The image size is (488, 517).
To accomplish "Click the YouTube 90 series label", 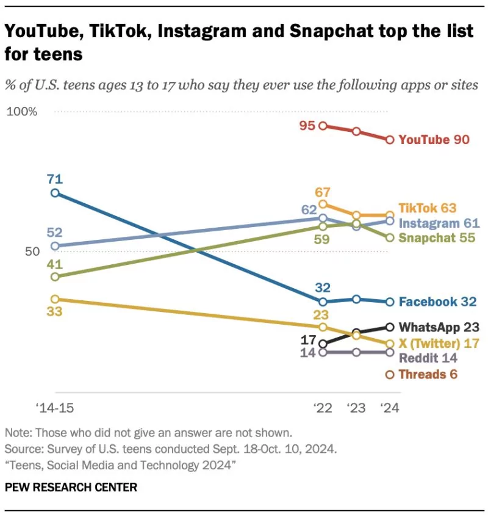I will (x=434, y=140).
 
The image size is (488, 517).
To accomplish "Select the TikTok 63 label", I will (x=427, y=208).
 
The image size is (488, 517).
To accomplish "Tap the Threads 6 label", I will (x=428, y=374).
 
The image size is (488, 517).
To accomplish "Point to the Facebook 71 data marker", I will (x=55, y=193).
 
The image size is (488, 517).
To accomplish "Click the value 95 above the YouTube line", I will (x=307, y=126).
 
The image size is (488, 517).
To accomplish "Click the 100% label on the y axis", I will (x=22, y=112).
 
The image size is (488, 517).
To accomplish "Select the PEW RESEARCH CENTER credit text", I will (x=71, y=487).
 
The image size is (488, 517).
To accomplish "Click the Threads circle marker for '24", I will (x=390, y=375).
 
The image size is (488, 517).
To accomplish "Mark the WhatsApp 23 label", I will (x=439, y=327).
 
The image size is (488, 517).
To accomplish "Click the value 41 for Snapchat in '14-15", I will (x=55, y=265).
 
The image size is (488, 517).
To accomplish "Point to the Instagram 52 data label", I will (x=55, y=233).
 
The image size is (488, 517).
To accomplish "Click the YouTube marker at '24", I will (x=390, y=140).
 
